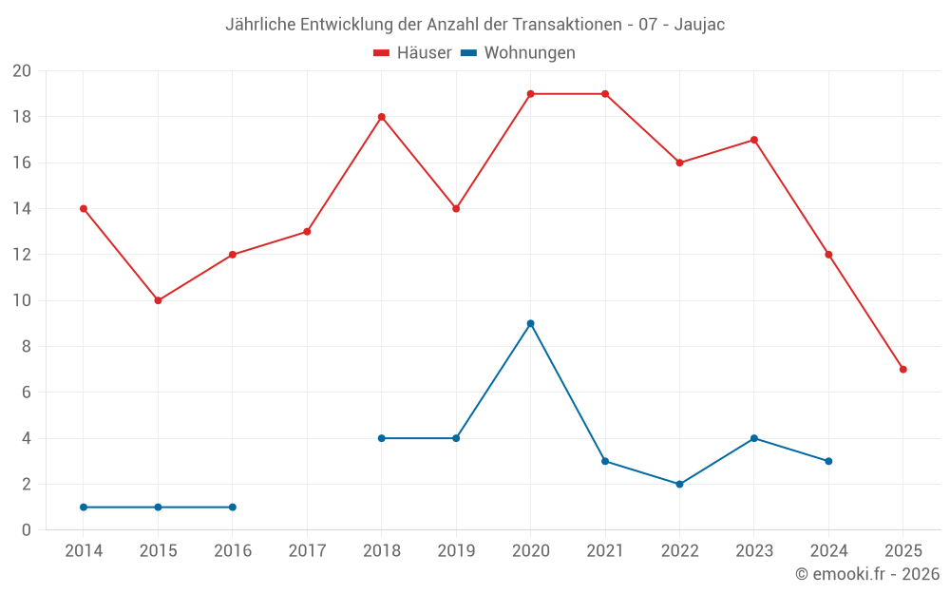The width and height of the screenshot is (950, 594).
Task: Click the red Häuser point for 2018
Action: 381,117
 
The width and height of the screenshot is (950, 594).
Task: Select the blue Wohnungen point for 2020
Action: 530,323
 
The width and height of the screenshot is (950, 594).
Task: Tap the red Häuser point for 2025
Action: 902,369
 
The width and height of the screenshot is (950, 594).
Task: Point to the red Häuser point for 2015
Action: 158,300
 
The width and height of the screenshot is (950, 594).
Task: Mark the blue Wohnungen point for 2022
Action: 679,484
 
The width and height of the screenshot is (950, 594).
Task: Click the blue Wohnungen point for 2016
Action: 232,507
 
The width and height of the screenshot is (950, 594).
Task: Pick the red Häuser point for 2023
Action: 753,140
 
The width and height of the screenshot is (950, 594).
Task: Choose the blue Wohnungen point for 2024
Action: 828,461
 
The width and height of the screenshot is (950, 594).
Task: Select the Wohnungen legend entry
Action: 529,53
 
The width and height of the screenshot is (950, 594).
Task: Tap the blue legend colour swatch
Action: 468,53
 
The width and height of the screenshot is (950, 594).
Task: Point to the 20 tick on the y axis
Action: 22,71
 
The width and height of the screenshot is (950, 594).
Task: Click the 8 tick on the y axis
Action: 27,347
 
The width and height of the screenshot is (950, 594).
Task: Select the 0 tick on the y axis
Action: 27,529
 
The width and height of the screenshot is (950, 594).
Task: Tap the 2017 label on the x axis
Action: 307,551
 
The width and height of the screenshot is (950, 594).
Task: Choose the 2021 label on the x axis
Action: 605,551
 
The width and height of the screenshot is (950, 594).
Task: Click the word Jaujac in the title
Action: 699,25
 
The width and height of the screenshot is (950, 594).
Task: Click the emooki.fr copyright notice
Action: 867,574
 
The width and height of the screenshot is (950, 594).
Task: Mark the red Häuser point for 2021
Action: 605,94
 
